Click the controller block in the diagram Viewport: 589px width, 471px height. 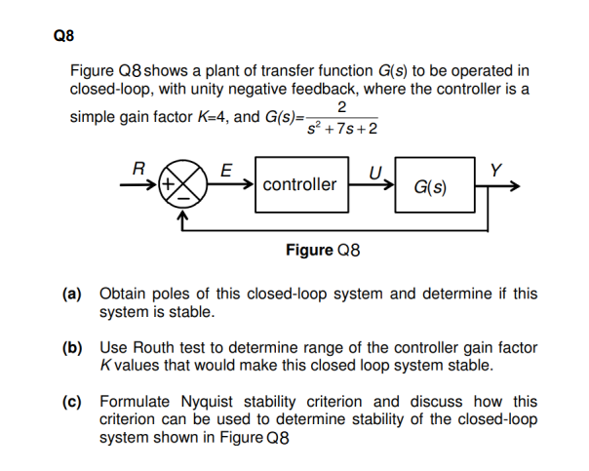coord(299,183)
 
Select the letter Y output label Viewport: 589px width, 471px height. coord(496,168)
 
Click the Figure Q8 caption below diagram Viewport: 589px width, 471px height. coord(323,251)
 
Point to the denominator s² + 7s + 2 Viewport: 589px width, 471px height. coord(341,130)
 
